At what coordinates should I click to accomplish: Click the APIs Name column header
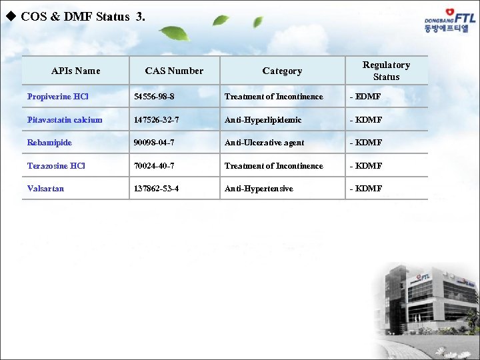click(75, 71)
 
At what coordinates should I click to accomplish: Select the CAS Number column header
click(174, 71)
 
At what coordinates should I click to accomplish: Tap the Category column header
click(282, 71)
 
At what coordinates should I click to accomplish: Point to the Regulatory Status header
click(386, 71)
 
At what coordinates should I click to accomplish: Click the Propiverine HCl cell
click(58, 97)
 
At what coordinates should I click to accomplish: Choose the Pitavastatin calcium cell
click(65, 120)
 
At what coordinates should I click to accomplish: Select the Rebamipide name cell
click(49, 143)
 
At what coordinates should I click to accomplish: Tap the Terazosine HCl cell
click(56, 166)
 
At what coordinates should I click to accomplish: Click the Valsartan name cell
click(45, 189)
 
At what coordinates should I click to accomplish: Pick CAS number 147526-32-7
click(157, 120)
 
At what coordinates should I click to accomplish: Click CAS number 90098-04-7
click(154, 143)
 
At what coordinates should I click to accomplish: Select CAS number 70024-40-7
click(154, 166)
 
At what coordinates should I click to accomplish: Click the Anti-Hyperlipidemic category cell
click(263, 120)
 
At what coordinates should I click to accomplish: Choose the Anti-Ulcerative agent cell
click(264, 143)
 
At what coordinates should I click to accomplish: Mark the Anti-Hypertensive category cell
click(259, 189)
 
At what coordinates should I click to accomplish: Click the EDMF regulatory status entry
click(365, 97)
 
